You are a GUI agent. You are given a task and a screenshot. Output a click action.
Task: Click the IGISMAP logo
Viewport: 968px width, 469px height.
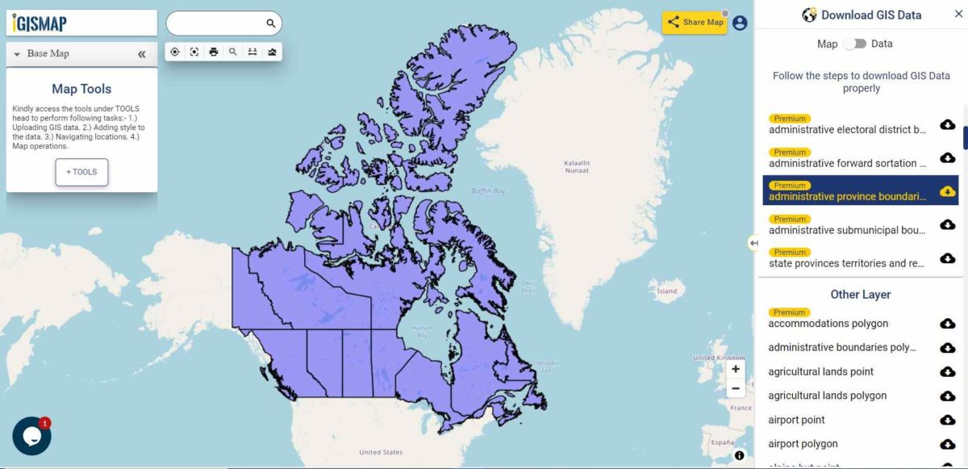[40, 23]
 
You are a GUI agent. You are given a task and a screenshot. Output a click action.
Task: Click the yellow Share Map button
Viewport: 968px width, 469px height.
[695, 23]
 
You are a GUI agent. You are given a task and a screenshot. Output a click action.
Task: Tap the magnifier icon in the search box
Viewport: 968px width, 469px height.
[271, 23]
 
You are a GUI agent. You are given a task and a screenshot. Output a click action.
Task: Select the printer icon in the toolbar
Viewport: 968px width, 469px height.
[214, 52]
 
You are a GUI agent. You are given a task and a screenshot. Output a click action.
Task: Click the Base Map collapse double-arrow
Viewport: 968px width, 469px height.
[142, 54]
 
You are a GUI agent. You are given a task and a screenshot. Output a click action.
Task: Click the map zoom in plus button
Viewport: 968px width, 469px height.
[736, 369]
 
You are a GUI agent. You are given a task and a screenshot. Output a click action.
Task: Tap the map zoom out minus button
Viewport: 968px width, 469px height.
[736, 388]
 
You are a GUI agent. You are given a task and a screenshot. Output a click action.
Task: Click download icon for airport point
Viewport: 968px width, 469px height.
[948, 420]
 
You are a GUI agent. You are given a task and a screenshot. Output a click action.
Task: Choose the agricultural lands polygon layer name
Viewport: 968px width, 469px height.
[827, 396]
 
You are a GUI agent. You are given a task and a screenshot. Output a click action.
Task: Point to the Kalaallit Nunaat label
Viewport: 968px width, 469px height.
[578, 166]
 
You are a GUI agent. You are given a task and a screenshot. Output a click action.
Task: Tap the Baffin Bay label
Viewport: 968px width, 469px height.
[488, 191]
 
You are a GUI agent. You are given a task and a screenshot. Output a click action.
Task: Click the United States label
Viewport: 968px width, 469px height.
[381, 452]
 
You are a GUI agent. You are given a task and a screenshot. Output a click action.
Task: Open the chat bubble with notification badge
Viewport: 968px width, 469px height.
[31, 436]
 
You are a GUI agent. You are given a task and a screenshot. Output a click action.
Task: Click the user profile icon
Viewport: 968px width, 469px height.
[740, 23]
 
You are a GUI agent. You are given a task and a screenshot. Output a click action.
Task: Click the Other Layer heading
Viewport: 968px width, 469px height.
[860, 295]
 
